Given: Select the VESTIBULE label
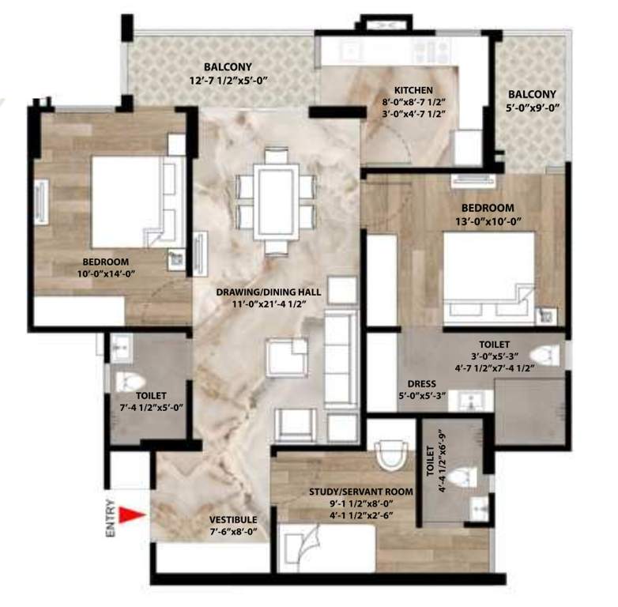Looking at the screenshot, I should [x=233, y=519].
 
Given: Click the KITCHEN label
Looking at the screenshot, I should [x=413, y=90].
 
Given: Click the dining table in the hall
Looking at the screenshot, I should [x=276, y=199].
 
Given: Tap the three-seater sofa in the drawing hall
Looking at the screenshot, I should [x=341, y=345].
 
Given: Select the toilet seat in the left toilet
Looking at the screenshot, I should [x=130, y=382].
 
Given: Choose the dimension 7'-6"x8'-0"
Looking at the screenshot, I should [x=233, y=532].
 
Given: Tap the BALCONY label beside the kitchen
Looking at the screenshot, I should [x=532, y=93].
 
